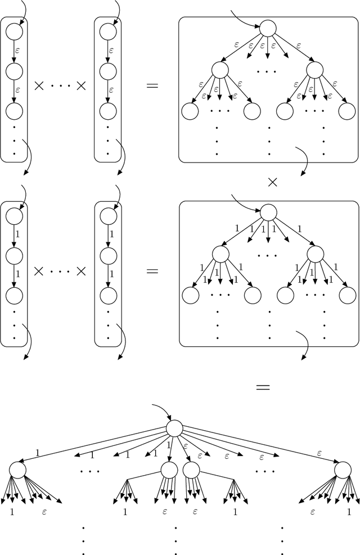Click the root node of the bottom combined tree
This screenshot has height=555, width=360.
(174, 429)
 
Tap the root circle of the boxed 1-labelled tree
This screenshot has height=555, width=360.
(268, 212)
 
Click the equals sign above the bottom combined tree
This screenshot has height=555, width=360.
(263, 387)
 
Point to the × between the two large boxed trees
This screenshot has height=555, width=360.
(272, 182)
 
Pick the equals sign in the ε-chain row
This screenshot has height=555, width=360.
(152, 86)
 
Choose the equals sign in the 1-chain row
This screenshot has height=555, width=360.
(152, 270)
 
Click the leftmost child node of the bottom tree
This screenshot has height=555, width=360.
(17, 470)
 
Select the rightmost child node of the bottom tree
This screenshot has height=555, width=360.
(342, 470)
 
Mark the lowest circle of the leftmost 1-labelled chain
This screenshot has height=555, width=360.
(13, 295)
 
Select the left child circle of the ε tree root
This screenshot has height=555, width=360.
(220, 70)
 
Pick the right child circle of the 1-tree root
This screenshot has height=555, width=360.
(315, 255)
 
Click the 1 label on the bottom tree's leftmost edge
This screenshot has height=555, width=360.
(37, 452)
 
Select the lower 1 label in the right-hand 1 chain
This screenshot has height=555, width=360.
(111, 274)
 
